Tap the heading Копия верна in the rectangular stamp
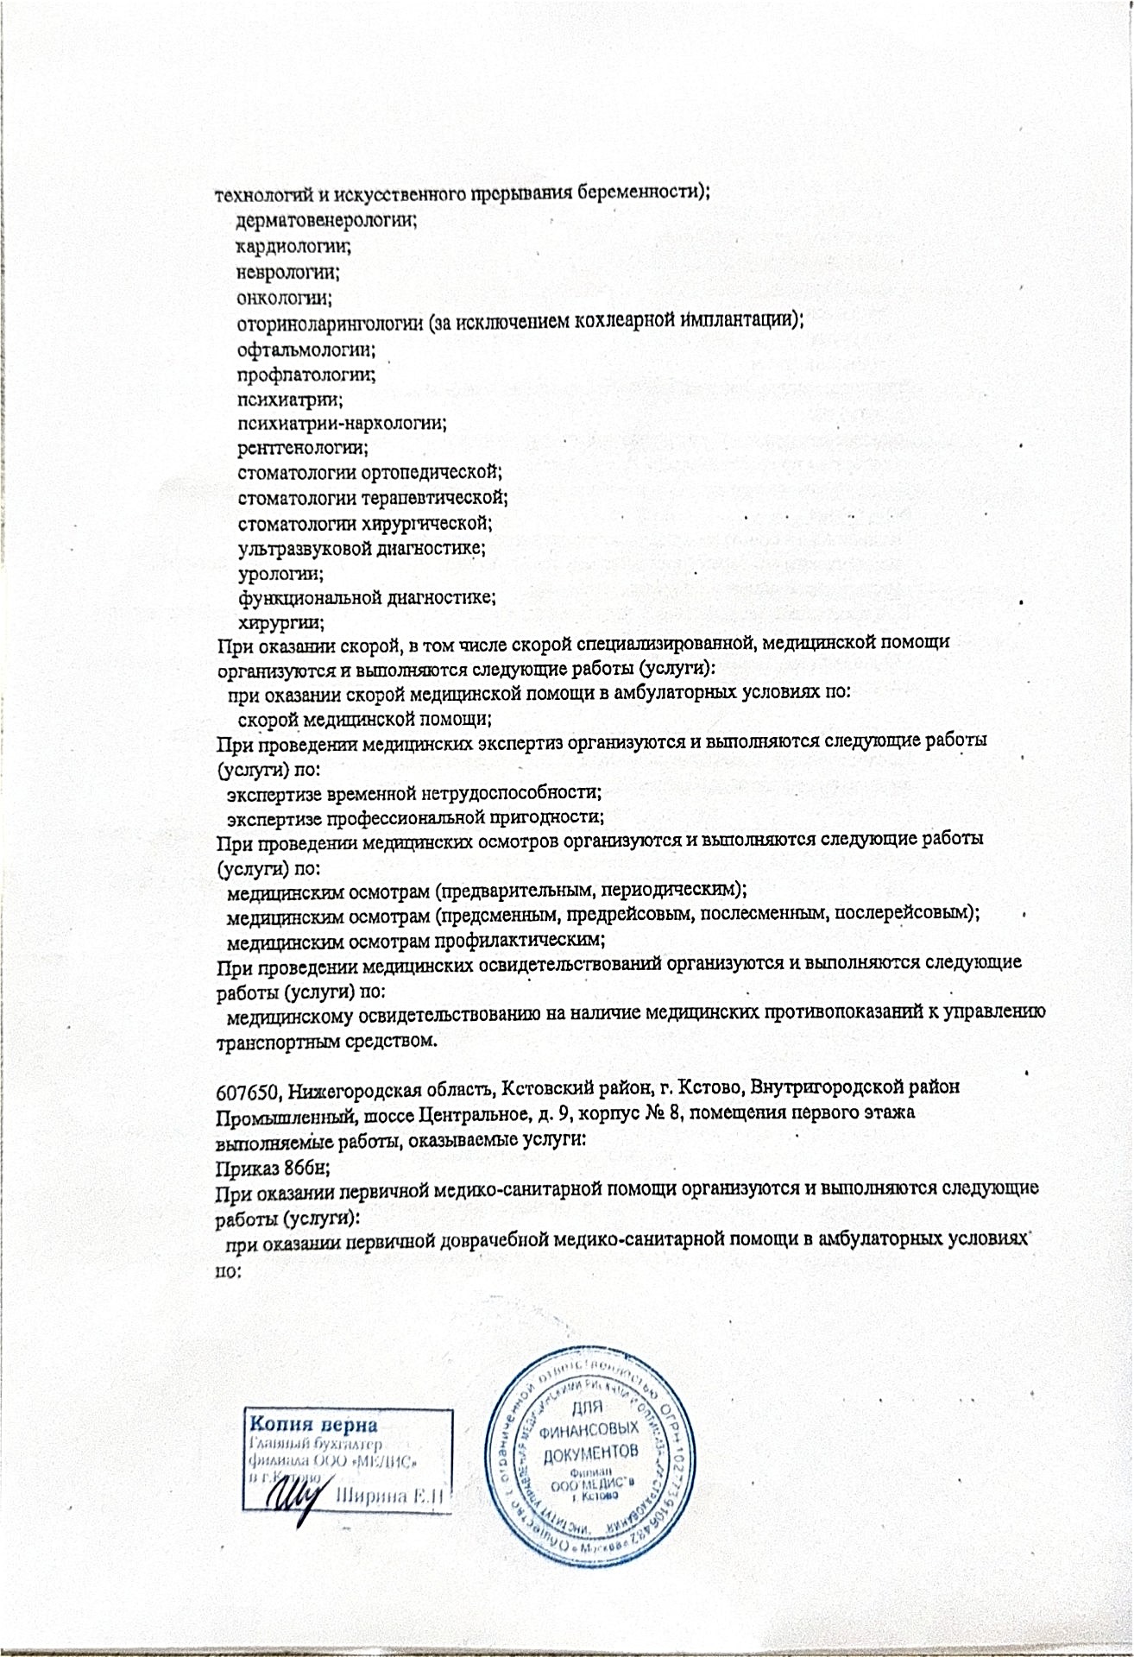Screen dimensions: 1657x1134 pyautogui.click(x=313, y=1423)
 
